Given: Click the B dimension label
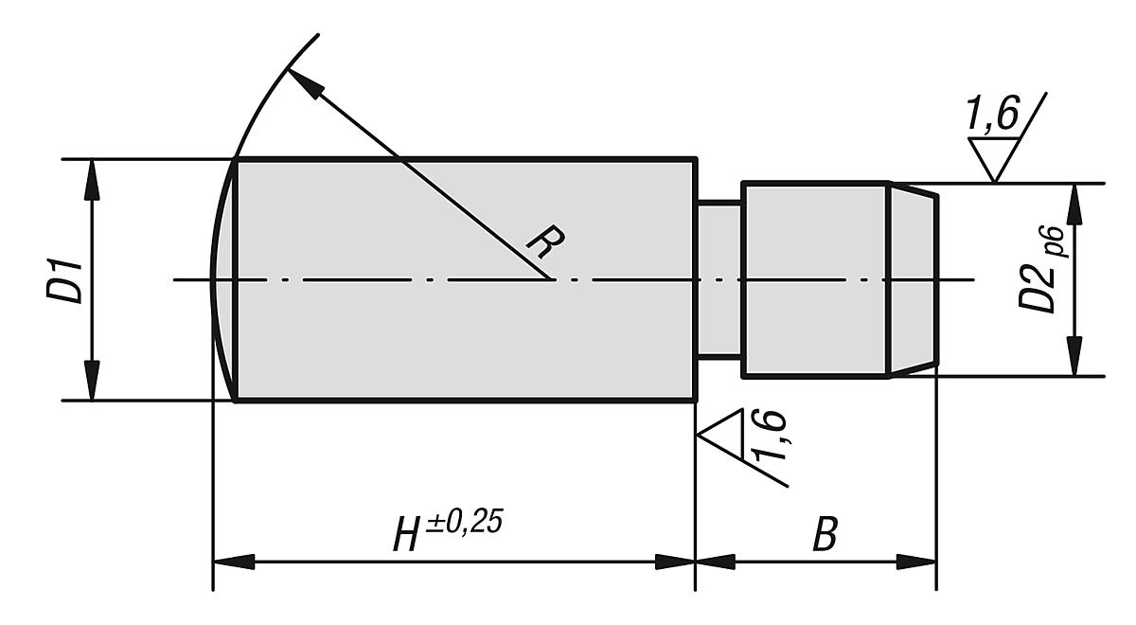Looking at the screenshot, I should pyautogui.click(x=825, y=535).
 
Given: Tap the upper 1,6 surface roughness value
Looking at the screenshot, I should pyautogui.click(x=991, y=116).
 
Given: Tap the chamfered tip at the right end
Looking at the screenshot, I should pyautogui.click(x=913, y=280).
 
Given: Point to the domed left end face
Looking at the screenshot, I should pyautogui.click(x=222, y=279).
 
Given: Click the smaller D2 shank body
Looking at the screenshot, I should pyautogui.click(x=814, y=280).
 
